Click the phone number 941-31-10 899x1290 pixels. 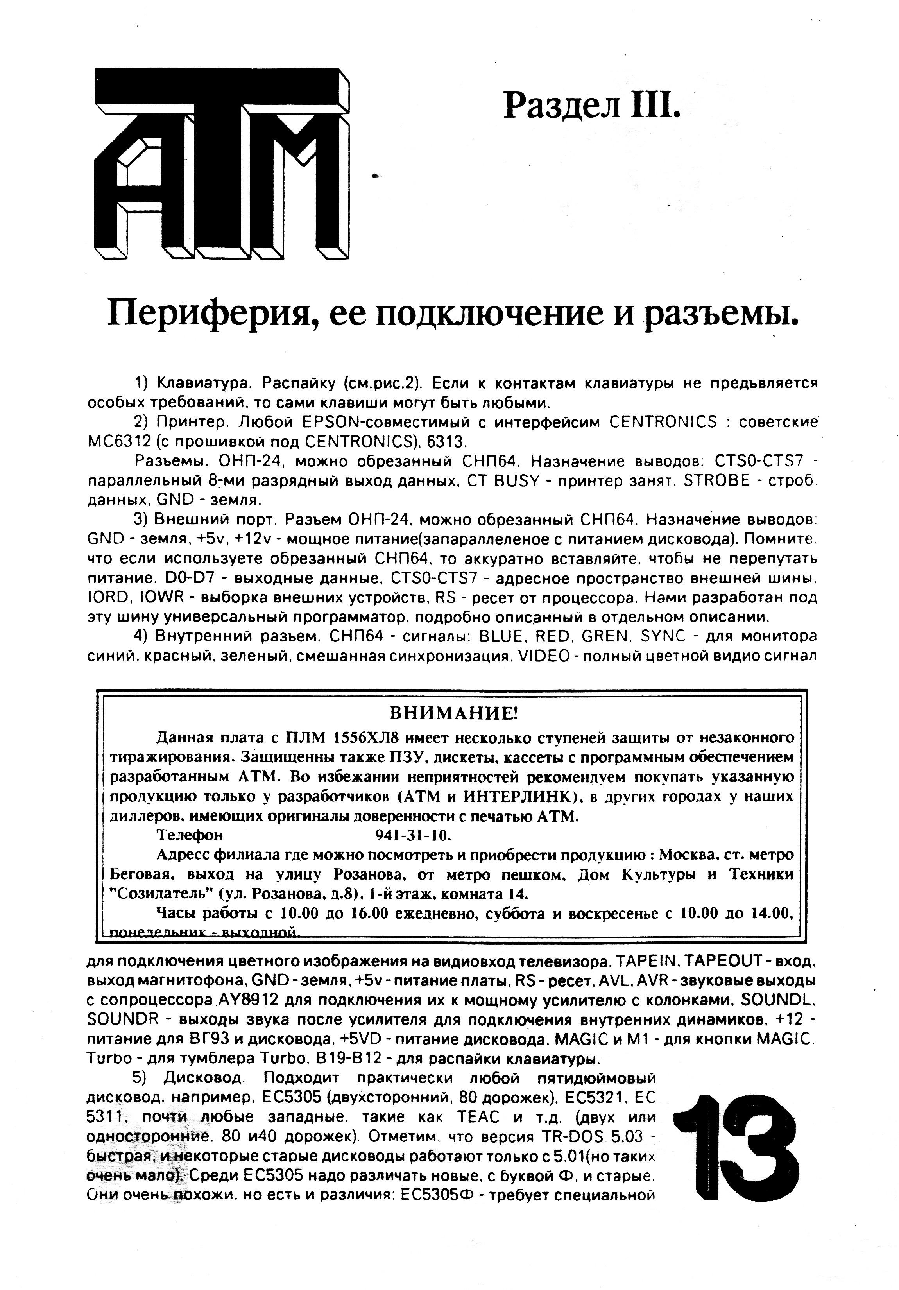[413, 834]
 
